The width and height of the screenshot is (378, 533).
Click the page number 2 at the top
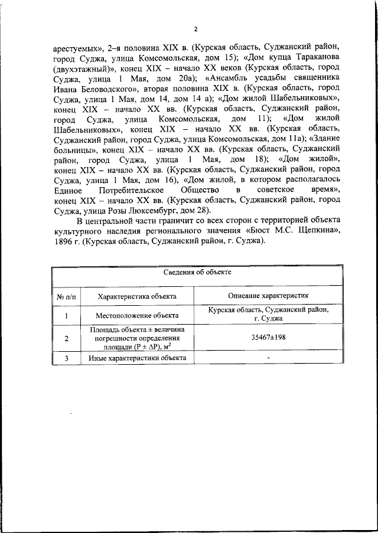click(x=196, y=30)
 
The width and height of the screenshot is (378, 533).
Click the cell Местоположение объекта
click(x=137, y=316)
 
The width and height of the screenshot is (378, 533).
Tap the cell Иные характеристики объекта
click(x=137, y=358)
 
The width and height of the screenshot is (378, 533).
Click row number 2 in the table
click(x=66, y=338)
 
